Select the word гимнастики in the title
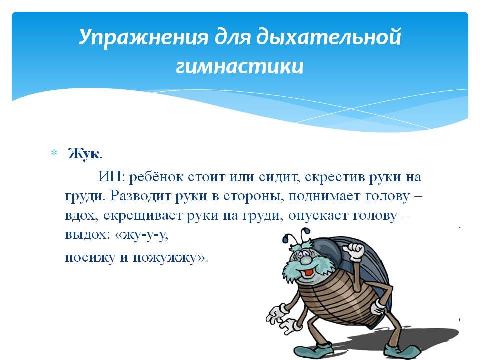coord(240,67)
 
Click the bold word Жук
coord(84,153)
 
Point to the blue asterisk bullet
coord(54,153)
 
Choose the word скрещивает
coord(142,216)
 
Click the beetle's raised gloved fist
coord(354,251)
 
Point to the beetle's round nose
coord(305,260)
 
